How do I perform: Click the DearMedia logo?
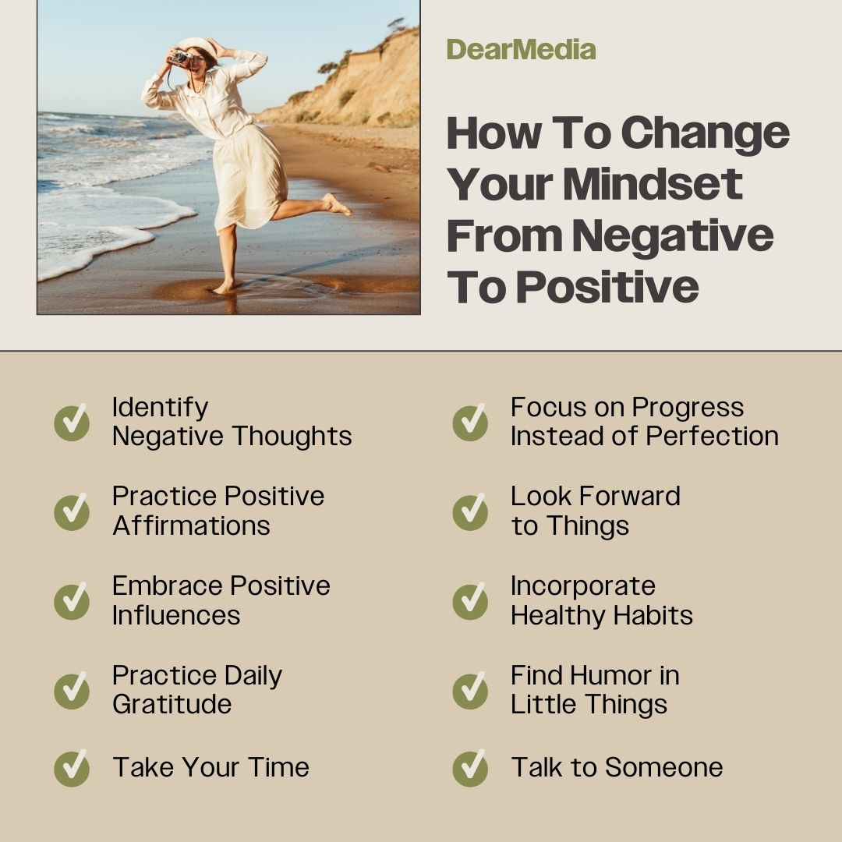(x=521, y=50)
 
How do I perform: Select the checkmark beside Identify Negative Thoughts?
(x=72, y=423)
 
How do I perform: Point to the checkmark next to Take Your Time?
(x=72, y=768)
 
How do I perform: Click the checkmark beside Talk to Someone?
(x=470, y=768)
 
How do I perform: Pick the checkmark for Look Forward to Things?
(x=470, y=512)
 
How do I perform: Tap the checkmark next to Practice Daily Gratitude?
(x=72, y=691)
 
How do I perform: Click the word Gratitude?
(x=172, y=705)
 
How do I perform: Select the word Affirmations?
(x=191, y=525)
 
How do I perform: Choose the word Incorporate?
(x=582, y=586)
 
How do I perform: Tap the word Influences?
(x=176, y=615)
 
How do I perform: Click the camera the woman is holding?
(x=180, y=58)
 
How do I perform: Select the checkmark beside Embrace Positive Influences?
(x=72, y=601)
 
